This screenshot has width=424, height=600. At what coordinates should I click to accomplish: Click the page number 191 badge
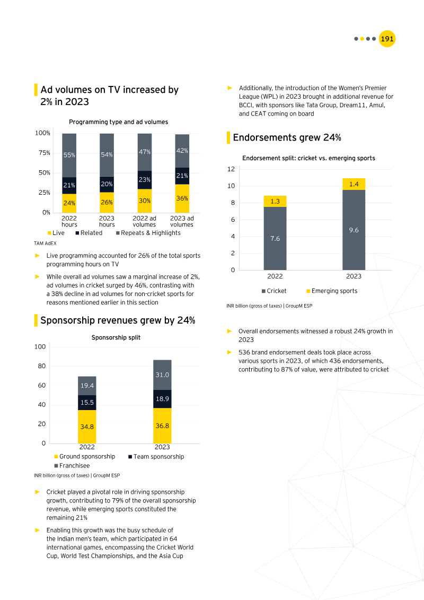(x=387, y=39)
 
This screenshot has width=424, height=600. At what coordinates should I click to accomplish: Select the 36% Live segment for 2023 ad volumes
(x=182, y=198)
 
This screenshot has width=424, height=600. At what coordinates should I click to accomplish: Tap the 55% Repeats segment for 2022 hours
(x=69, y=155)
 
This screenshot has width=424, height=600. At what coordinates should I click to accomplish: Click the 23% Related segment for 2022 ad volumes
(x=145, y=180)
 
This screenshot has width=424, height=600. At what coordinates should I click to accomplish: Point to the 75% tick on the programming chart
(x=44, y=153)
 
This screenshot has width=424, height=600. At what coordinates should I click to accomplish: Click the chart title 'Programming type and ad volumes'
(x=118, y=122)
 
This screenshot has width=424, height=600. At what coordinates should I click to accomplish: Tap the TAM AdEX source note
(x=46, y=243)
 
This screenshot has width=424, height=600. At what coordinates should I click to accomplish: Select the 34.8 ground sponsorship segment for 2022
(x=87, y=427)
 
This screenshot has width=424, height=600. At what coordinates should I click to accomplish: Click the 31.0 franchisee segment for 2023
(x=162, y=375)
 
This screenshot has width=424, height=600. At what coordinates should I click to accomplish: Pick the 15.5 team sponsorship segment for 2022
(x=87, y=403)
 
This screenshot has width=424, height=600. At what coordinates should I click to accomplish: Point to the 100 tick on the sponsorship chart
(x=40, y=347)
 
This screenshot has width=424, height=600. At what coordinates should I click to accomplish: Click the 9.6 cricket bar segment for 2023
(x=354, y=230)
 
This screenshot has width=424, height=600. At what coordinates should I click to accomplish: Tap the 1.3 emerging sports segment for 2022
(x=275, y=201)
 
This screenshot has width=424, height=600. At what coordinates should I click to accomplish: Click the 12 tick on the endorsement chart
(x=231, y=169)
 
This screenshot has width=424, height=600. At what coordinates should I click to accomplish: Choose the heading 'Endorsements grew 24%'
(x=287, y=137)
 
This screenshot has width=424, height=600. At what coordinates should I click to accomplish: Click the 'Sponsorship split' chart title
(x=116, y=337)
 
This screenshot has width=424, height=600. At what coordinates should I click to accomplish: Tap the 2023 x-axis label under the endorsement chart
(x=354, y=276)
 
